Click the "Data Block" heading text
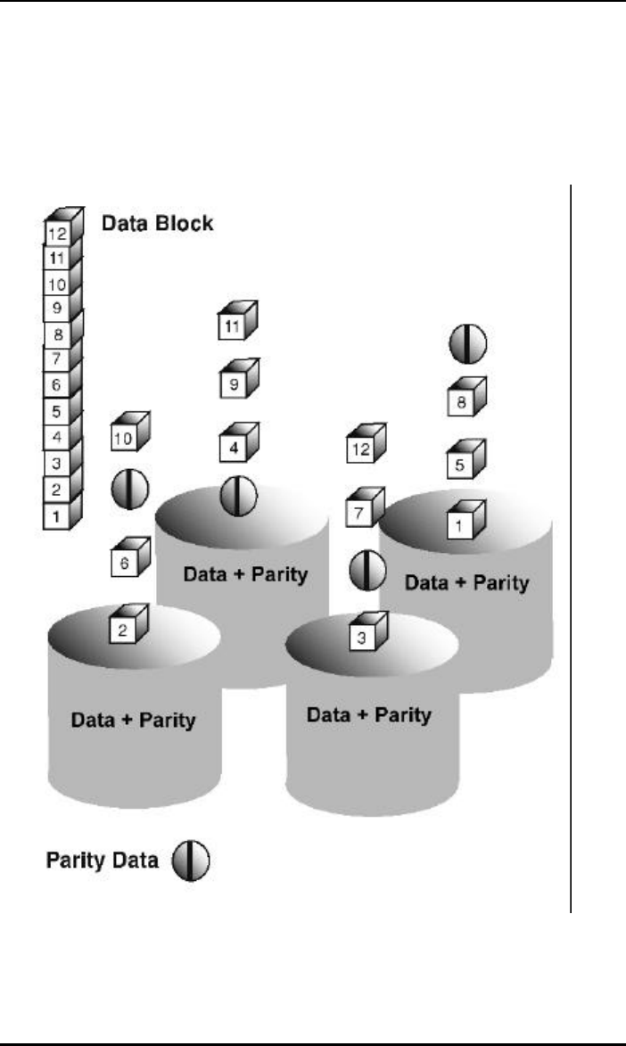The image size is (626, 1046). pyautogui.click(x=157, y=223)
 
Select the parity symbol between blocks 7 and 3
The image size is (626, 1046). pyautogui.click(x=366, y=571)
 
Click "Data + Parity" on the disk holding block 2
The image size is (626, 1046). pyautogui.click(x=134, y=719)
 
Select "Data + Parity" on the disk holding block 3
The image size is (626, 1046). pyautogui.click(x=368, y=714)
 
